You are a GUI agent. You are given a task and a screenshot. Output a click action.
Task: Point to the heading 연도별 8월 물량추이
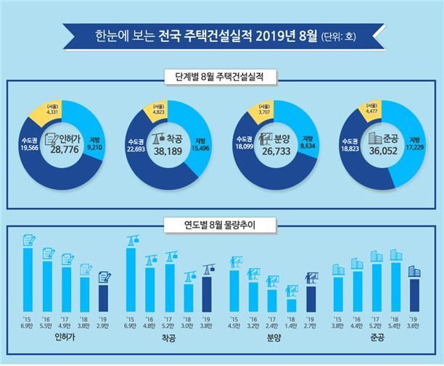pyautogui.click(x=221, y=225)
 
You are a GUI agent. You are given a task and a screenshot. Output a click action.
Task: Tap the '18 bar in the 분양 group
pyautogui.click(x=291, y=299)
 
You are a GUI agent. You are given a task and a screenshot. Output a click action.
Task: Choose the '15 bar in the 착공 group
pyautogui.click(x=131, y=280)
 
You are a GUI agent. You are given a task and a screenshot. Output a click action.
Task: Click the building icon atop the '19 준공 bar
pyautogui.click(x=414, y=271)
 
